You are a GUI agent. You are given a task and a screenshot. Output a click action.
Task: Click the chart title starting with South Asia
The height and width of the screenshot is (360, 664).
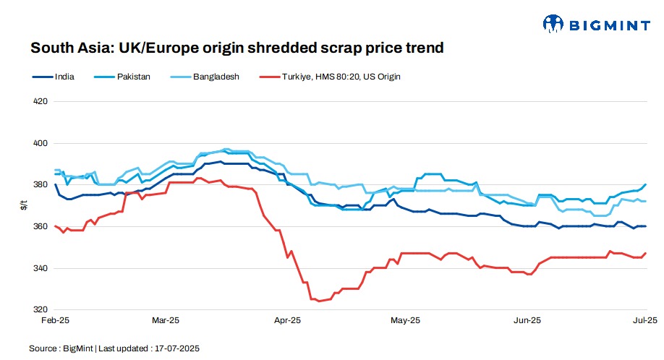click(x=236, y=48)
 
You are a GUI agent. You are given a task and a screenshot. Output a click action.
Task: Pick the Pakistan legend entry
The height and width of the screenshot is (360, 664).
click(x=133, y=76)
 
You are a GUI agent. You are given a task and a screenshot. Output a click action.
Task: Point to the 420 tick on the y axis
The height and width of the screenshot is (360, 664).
click(x=41, y=101)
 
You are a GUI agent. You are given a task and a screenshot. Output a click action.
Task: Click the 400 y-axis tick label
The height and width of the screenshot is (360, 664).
click(x=41, y=143)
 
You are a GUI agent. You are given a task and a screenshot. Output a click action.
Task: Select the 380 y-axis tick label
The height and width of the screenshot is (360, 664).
click(x=41, y=185)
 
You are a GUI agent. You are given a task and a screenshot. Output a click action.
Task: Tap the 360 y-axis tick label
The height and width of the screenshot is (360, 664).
click(x=41, y=227)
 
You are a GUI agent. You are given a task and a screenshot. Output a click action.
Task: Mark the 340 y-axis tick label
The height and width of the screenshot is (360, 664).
click(x=41, y=268)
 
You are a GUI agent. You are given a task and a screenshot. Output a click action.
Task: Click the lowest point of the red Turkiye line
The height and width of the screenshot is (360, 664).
click(x=319, y=301)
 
